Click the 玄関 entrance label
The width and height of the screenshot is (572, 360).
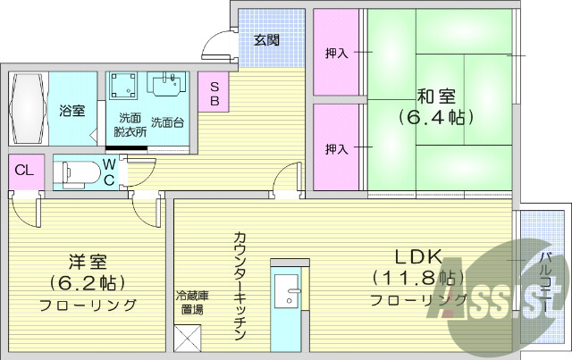point(265,40)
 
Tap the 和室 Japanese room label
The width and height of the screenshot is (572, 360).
point(434,94)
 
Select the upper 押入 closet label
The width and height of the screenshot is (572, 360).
point(336,54)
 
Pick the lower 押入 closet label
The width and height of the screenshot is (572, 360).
point(336,148)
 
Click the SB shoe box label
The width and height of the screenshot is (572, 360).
point(215,93)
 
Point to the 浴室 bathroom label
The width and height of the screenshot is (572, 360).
point(72,111)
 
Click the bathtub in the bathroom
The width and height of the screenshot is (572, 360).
point(27,110)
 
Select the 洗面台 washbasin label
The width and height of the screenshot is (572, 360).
point(167,122)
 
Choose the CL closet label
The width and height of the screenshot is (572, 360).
point(23,171)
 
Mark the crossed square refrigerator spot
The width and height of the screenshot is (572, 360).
point(189,339)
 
